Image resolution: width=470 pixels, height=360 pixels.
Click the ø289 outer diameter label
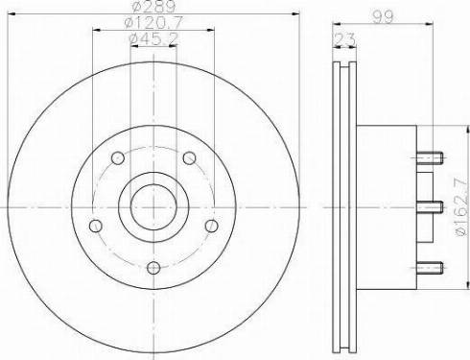[x=153, y=8]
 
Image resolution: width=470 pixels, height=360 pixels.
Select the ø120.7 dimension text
[x=153, y=23]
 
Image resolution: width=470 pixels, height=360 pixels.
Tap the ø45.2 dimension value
[x=153, y=37]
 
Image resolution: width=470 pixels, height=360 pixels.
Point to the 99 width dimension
[x=386, y=15]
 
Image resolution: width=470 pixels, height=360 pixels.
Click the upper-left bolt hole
[x=118, y=158]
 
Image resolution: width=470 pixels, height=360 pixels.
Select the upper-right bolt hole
[x=188, y=158]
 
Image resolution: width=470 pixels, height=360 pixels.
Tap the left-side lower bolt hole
[x=96, y=225]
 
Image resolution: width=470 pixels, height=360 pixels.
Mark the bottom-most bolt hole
[x=153, y=266]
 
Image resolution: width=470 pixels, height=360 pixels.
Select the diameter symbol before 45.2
[x=132, y=37]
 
